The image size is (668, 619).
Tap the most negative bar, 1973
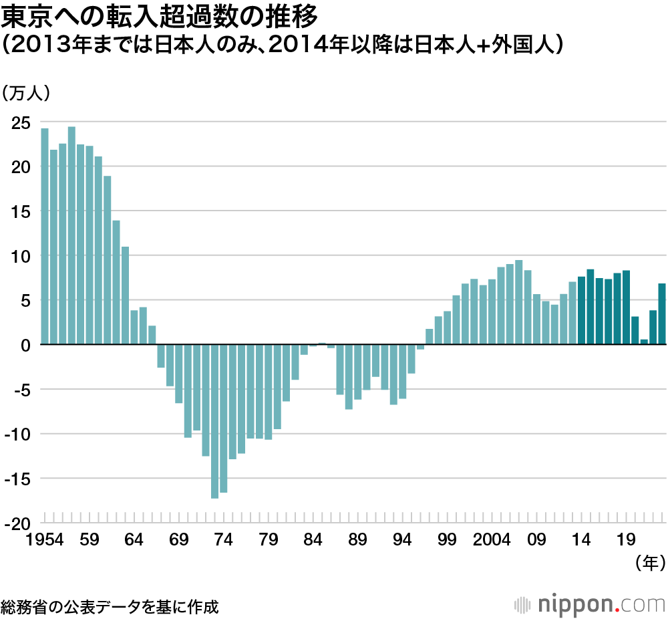[x=214, y=421]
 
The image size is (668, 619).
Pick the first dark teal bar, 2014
[x=581, y=310]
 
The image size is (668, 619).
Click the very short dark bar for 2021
[x=644, y=342]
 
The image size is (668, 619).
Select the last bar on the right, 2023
[x=662, y=314]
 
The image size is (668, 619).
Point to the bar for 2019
[x=626, y=307]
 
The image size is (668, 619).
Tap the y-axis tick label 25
[x=21, y=122]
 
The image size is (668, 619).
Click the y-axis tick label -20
[x=18, y=523]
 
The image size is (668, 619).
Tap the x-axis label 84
[x=313, y=539]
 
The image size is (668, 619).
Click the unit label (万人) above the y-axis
[x=26, y=94]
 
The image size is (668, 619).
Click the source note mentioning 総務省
[x=110, y=606]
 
